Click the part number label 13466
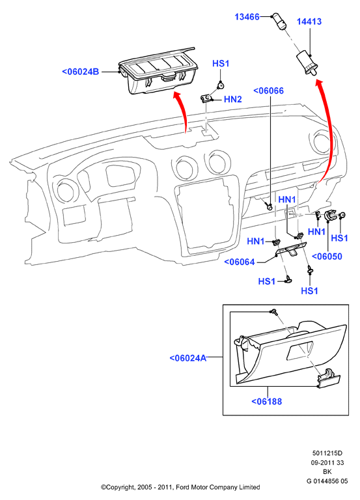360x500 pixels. pyautogui.click(x=247, y=16)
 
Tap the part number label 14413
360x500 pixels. pyautogui.click(x=309, y=21)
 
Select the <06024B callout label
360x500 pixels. pyautogui.click(x=81, y=72)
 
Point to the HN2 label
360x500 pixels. pyautogui.click(x=233, y=99)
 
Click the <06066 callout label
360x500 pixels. pyautogui.click(x=268, y=91)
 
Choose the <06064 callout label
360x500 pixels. pyautogui.click(x=240, y=262)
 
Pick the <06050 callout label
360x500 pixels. pyautogui.click(x=327, y=257)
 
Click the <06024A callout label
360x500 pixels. pyautogui.click(x=188, y=358)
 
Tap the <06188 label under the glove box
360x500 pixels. pyautogui.click(x=267, y=401)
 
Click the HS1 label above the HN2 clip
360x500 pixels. pyautogui.click(x=221, y=63)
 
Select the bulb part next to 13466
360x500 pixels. pyautogui.click(x=279, y=21)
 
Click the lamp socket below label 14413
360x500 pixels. pyautogui.click(x=307, y=63)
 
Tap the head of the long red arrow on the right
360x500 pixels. pyautogui.click(x=320, y=83)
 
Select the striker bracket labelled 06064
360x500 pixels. pyautogui.click(x=291, y=249)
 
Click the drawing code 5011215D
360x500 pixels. pyautogui.click(x=327, y=453)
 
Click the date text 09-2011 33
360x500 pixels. pyautogui.click(x=327, y=462)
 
